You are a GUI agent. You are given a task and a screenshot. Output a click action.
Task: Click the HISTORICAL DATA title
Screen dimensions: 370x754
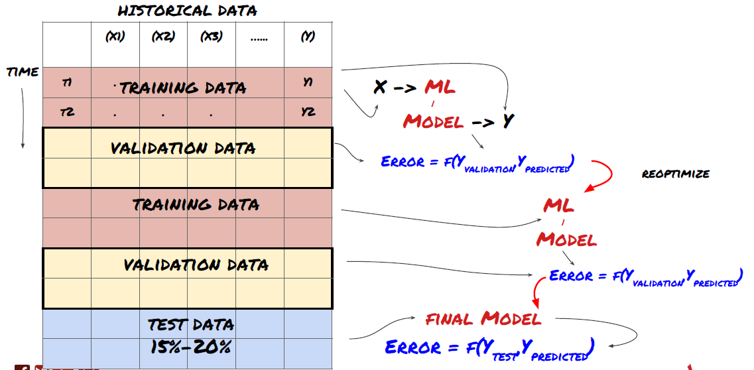188,11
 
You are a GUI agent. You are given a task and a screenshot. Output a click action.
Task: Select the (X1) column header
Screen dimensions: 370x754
115,37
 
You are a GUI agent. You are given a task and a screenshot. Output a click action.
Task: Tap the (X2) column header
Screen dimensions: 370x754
163,37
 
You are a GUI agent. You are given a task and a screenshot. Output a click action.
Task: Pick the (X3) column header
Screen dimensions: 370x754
212,37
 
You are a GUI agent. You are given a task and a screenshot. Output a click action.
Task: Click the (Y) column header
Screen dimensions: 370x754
308,37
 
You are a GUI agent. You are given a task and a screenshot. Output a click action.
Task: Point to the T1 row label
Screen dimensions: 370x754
67,82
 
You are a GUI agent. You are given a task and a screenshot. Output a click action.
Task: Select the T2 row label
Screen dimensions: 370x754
67,113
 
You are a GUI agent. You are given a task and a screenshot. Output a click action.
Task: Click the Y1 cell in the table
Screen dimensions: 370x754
308,82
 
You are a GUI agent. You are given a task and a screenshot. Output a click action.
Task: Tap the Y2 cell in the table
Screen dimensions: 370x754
308,113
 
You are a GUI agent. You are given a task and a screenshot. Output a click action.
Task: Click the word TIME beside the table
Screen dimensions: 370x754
23,72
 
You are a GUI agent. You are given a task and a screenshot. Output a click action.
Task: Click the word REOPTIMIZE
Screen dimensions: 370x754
676,174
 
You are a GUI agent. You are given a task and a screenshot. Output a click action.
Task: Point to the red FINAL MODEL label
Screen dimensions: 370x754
483,319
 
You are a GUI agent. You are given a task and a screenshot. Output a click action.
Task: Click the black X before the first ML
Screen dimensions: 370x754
379,87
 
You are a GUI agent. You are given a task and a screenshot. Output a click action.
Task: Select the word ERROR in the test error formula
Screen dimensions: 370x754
412,347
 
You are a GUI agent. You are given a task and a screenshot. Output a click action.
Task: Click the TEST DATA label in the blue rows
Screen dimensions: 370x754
190,325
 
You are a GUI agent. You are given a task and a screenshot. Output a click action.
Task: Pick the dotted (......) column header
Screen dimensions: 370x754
259,38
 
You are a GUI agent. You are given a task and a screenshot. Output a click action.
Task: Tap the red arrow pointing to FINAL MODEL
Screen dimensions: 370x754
534,292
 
